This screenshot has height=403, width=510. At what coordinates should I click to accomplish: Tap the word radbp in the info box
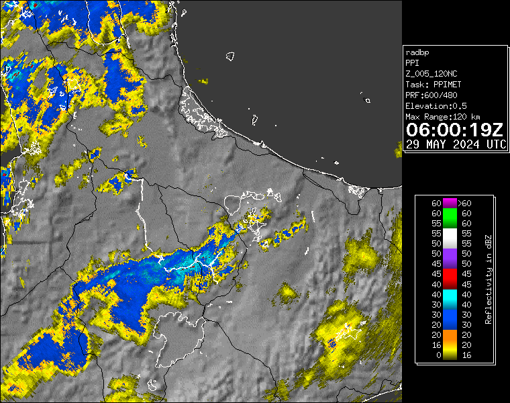point(417,52)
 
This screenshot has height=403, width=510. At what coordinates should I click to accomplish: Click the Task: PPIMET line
point(433,85)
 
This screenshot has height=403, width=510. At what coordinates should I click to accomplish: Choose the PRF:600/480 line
point(431,95)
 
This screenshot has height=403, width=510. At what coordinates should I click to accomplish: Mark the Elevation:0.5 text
point(436,106)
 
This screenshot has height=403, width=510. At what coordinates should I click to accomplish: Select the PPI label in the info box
point(412,63)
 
